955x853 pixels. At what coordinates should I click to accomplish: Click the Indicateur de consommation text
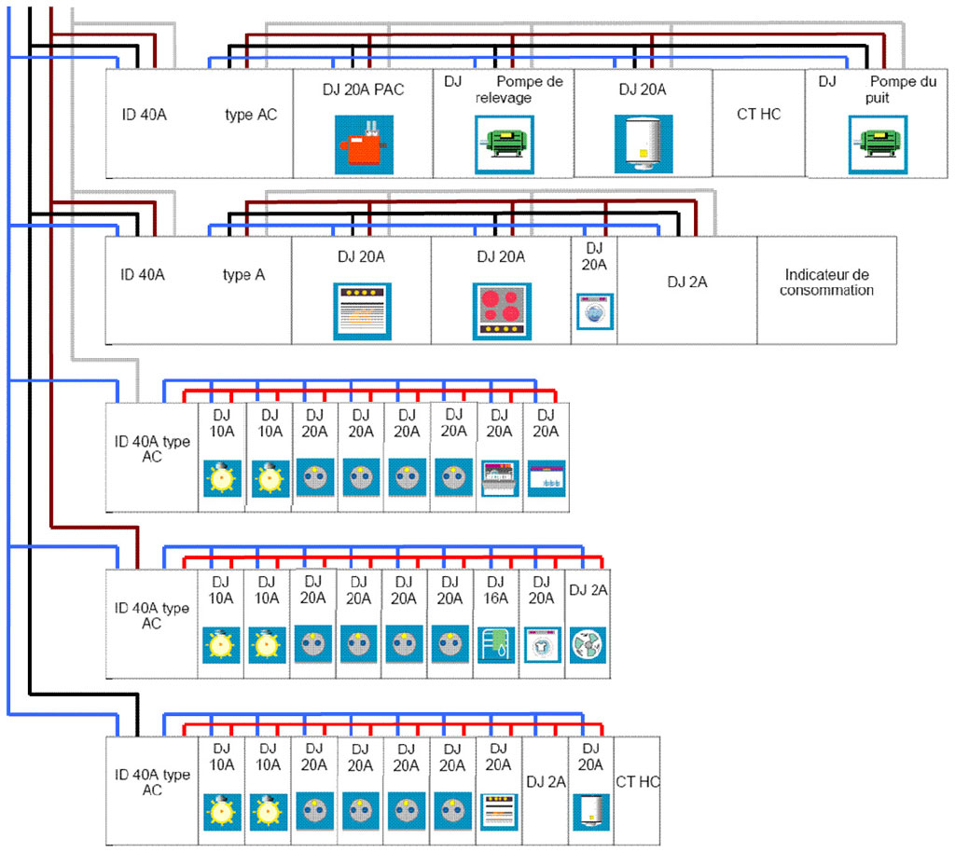827,282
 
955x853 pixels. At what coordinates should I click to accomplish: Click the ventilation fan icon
588,644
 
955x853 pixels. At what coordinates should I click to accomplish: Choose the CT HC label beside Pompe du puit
759,114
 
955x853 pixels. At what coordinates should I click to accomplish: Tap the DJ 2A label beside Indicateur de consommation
686,281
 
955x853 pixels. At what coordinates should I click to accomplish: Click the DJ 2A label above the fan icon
588,589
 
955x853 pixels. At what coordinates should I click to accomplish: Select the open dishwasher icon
499,480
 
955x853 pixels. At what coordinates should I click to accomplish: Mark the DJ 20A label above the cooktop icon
501,256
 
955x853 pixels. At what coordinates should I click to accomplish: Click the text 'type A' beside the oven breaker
244,275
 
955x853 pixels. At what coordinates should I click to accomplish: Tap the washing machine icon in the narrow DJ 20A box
594,310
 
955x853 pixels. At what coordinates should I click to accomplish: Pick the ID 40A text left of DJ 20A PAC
144,116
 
